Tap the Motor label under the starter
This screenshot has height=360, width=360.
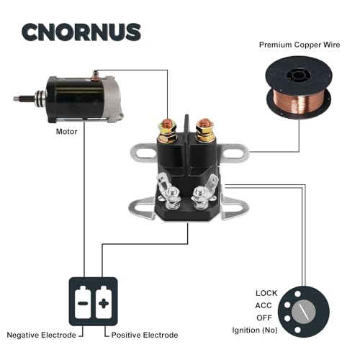(x=67, y=132)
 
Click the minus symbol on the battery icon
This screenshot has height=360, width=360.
(x=83, y=302)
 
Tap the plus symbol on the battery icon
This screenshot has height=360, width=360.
(x=103, y=302)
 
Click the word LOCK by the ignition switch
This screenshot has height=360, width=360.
(x=266, y=293)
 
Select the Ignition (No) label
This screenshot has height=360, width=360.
(x=253, y=330)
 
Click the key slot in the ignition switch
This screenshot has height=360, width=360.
(x=309, y=312)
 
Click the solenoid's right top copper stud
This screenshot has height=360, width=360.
(x=204, y=128)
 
